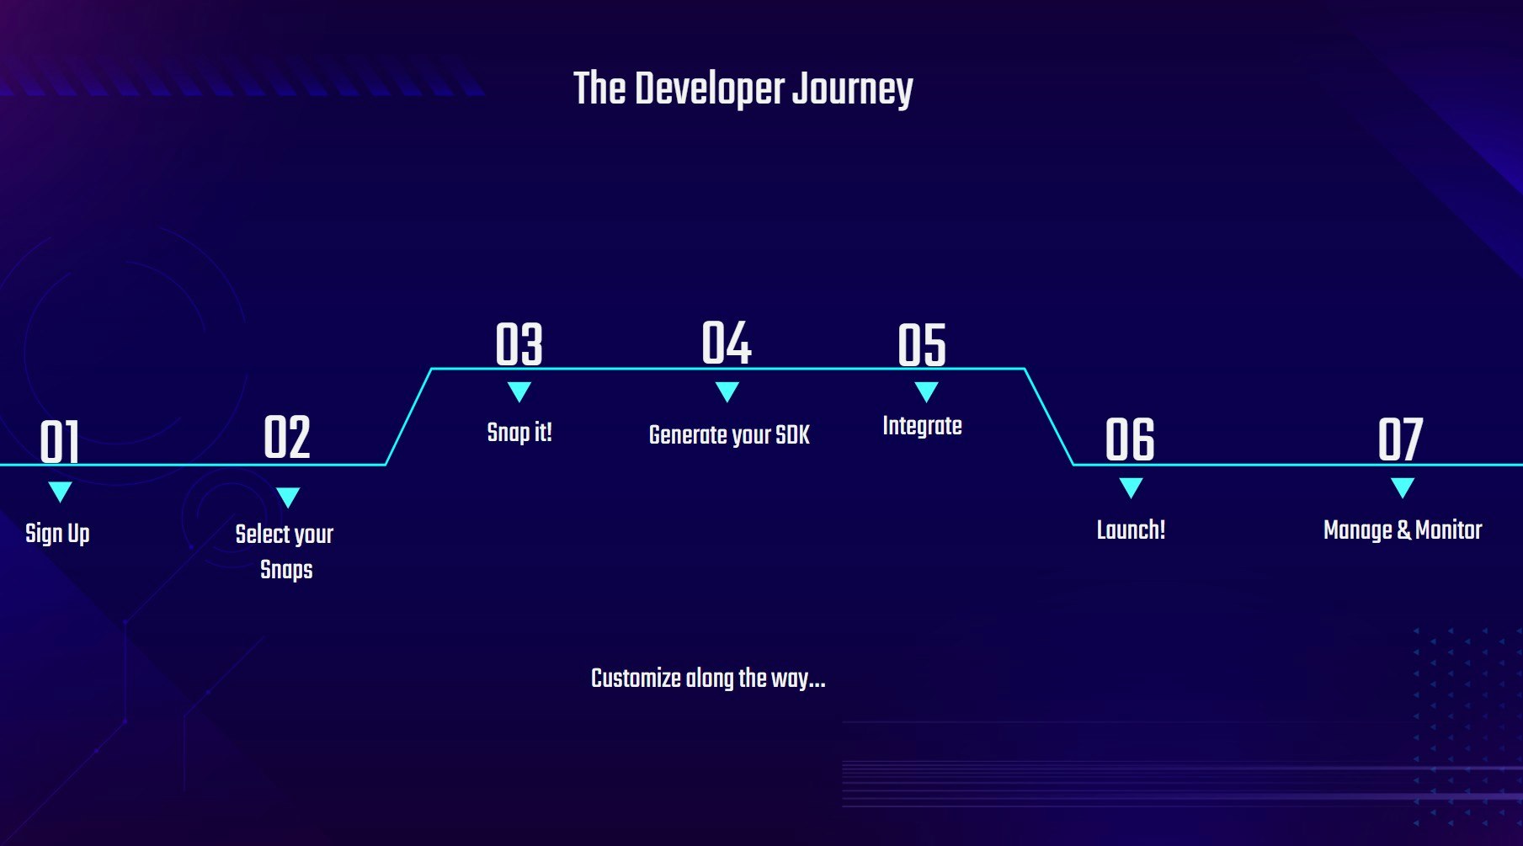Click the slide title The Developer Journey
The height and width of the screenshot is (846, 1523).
(x=743, y=89)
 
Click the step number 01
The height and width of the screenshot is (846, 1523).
(x=60, y=442)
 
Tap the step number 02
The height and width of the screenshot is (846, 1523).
(x=287, y=437)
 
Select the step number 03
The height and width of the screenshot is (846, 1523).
(x=519, y=344)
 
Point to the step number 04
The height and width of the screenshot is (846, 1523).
(x=727, y=343)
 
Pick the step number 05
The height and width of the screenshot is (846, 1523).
(x=922, y=345)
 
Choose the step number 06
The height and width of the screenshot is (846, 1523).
(x=1130, y=439)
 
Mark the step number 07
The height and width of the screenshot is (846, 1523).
(x=1400, y=439)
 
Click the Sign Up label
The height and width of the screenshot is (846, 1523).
(x=57, y=534)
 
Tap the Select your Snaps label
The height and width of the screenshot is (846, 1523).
(x=285, y=551)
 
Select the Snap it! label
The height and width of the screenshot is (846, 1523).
(x=519, y=433)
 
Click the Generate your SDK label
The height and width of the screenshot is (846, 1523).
(x=729, y=435)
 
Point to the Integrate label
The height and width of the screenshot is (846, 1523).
(x=922, y=426)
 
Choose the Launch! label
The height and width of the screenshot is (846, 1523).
(x=1131, y=529)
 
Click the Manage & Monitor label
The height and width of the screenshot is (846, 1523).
(x=1403, y=529)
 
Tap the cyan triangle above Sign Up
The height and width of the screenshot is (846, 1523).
(x=60, y=492)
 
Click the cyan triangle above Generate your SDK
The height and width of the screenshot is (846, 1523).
(x=727, y=391)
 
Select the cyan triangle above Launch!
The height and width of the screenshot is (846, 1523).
(x=1131, y=487)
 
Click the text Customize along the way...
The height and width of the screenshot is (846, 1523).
(x=708, y=678)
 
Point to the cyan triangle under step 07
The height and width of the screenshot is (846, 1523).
(x=1403, y=487)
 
